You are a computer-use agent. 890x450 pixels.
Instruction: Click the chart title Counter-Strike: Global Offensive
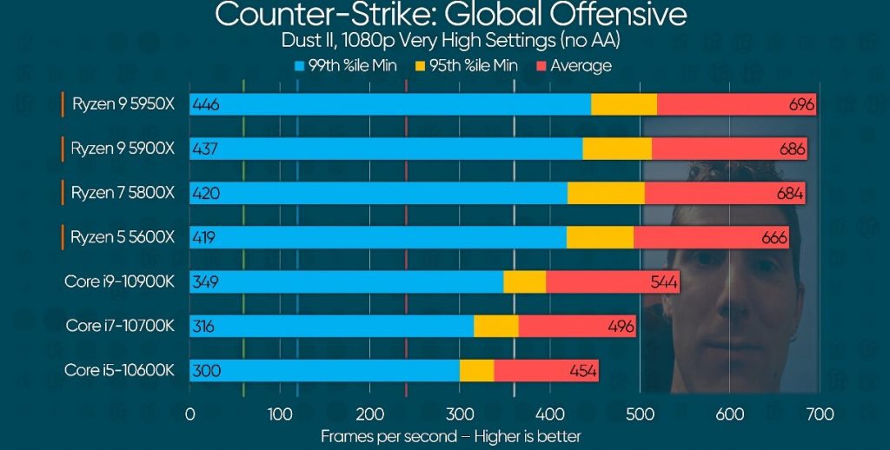coord(450,15)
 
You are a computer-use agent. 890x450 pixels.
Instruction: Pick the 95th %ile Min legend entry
coord(469,65)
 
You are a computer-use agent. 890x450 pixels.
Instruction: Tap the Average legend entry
coord(574,65)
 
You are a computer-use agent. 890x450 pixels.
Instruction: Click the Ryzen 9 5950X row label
coord(123,103)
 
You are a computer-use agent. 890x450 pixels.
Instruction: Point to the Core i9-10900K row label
coord(119,281)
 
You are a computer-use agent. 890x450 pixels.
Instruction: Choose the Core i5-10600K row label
coord(119,370)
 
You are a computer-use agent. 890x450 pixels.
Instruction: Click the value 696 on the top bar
coord(801,104)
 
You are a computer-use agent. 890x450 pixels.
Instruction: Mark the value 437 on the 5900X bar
coord(205,149)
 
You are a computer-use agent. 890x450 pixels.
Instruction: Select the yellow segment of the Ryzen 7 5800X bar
coord(606,193)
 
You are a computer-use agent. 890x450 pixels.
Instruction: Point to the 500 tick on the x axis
coord(639,414)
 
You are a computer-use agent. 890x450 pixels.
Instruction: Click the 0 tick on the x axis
coord(189,414)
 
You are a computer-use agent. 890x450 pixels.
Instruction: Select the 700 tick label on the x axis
coord(819,414)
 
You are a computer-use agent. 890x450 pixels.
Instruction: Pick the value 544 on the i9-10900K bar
coord(665,282)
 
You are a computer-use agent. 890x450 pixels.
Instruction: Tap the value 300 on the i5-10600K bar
coord(206,371)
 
